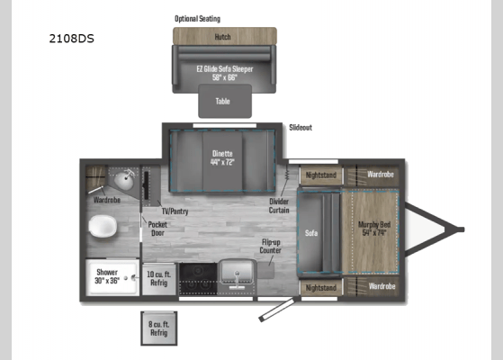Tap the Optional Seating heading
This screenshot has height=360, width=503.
[197, 18]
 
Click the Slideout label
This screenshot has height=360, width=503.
[301, 128]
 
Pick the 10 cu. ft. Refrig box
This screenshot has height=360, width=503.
[159, 277]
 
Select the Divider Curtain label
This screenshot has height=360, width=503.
[279, 207]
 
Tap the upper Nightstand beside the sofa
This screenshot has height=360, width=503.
[321, 174]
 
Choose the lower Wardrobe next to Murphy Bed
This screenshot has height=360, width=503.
[382, 286]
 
